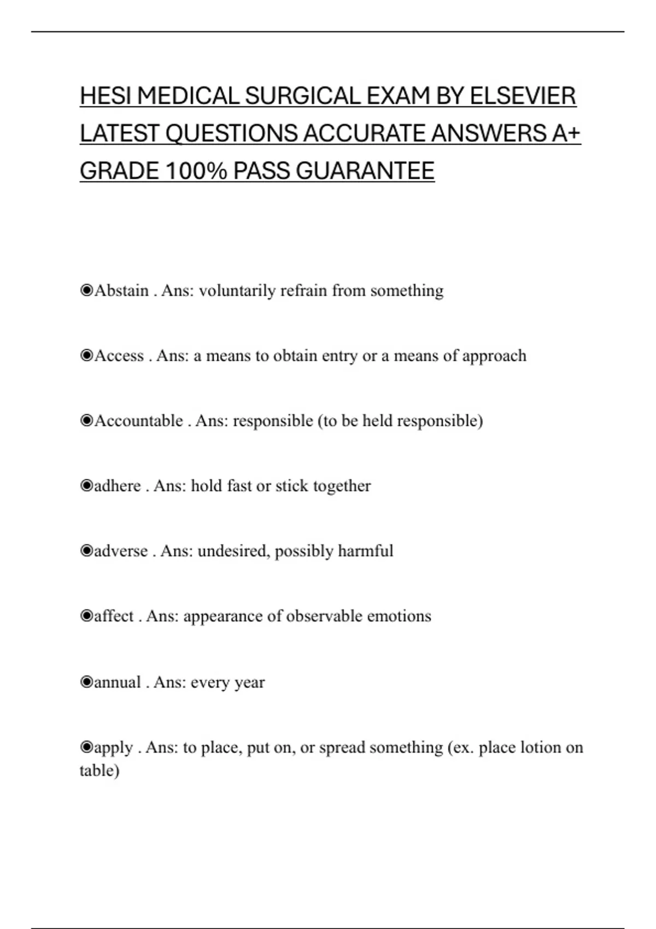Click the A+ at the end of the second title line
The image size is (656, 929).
566,134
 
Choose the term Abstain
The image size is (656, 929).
121,290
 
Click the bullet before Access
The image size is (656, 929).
86,356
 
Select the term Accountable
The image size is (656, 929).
139,421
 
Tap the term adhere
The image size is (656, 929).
118,486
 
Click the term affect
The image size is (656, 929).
114,616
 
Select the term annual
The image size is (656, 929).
118,682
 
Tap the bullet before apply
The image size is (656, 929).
86,747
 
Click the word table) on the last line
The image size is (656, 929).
99,771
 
